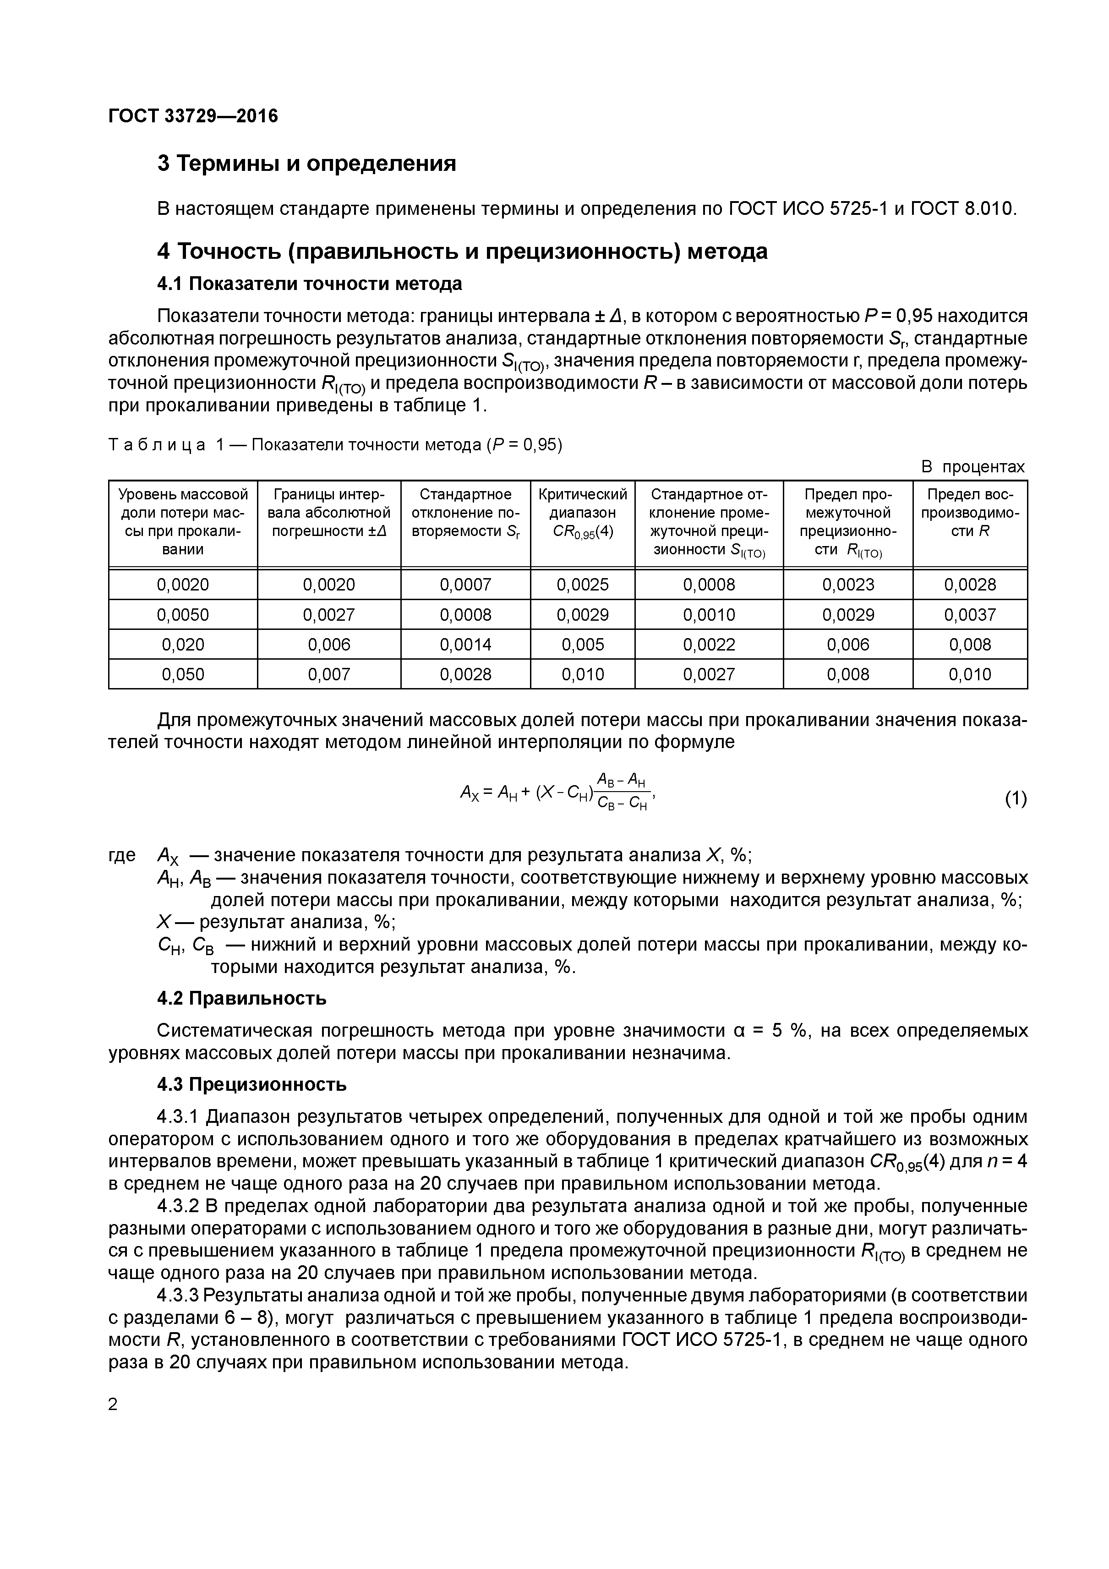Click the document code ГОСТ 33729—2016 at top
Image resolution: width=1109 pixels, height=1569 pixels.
tap(193, 116)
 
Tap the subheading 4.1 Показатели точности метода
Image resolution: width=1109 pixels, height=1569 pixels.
tap(310, 283)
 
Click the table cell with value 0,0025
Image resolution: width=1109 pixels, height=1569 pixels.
tap(582, 584)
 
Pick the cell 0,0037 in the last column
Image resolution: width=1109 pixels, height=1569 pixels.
tap(970, 614)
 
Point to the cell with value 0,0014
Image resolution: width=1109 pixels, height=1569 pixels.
tap(465, 645)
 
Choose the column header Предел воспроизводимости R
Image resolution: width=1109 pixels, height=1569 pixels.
tap(970, 513)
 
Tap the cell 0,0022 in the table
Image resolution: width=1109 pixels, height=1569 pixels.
tap(709, 645)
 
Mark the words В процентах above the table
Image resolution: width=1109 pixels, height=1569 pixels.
tap(973, 467)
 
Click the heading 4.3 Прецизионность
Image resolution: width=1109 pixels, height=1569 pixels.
tap(251, 1084)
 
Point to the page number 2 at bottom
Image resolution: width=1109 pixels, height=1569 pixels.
tap(114, 1404)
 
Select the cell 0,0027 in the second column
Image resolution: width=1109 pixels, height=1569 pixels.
tap(328, 614)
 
